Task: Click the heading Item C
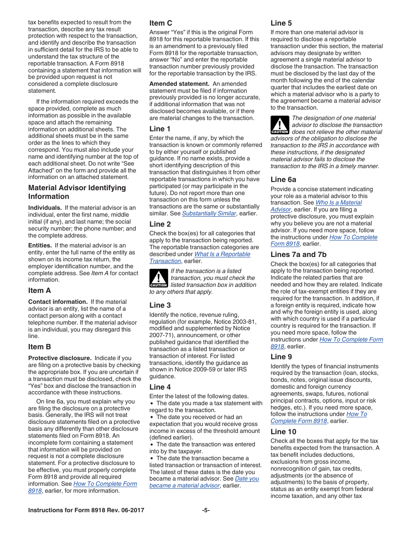[161, 23]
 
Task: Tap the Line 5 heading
[281, 23]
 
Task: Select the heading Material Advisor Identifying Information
[77, 192]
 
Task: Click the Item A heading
[39, 290]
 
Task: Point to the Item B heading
[39, 347]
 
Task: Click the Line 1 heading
[160, 129]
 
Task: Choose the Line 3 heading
[160, 305]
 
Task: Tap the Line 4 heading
[160, 387]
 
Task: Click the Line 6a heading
[283, 179]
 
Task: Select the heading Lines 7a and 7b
[298, 254]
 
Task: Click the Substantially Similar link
[209, 213]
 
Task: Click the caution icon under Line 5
[280, 125]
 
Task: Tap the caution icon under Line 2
[158, 278]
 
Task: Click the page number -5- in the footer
[206, 510]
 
